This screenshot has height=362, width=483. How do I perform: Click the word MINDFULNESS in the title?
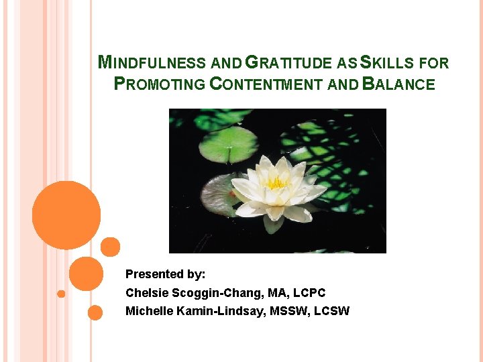point(152,64)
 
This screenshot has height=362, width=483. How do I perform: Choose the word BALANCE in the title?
point(398,84)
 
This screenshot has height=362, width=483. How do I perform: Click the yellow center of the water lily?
point(276,182)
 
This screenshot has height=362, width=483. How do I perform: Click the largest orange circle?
point(66,215)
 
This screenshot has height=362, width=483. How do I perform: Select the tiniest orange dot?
point(61,294)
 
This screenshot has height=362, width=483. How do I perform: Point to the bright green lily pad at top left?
point(228,143)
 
